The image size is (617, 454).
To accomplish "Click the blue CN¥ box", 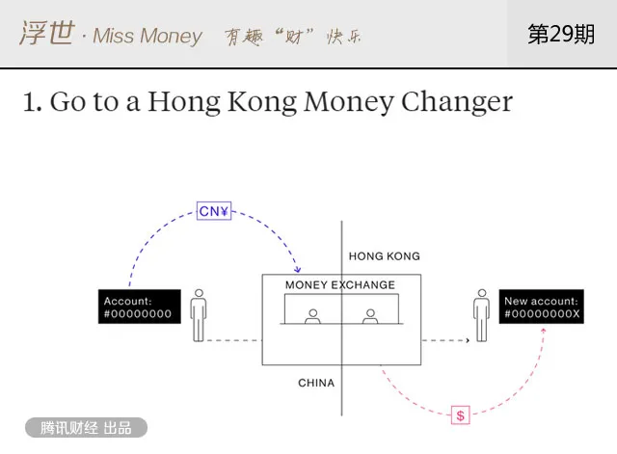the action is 214,211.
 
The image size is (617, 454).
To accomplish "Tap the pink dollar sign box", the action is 461,415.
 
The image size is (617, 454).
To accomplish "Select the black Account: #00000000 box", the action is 139,307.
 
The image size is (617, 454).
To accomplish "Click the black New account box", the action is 542,307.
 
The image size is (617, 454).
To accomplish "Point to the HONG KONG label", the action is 384,256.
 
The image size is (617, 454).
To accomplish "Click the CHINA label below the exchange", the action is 316,383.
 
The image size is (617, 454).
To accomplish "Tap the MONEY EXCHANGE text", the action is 340,284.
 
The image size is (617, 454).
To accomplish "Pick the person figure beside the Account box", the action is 199,315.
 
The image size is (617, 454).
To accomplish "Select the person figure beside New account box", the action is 482,315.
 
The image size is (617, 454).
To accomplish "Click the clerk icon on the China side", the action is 312,317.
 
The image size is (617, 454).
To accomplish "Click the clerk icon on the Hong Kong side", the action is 370,317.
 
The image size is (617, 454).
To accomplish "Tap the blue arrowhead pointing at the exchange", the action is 298,270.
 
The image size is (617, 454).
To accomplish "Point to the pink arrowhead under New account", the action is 544,331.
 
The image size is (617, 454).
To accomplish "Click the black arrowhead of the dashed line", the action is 468,340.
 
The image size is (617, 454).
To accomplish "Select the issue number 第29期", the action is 561,34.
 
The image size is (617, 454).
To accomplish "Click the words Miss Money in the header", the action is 148,36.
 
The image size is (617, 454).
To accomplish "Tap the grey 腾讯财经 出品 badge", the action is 86,428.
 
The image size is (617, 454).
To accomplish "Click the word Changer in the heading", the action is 457,102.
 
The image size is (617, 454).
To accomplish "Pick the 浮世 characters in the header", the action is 47,33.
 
